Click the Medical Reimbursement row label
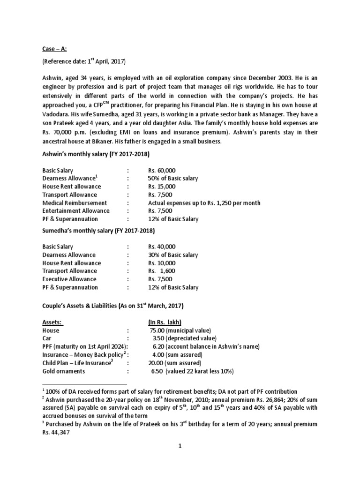[x=75, y=203]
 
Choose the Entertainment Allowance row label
[x=76, y=211]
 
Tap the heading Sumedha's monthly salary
[x=98, y=231]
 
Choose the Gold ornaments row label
[x=64, y=371]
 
